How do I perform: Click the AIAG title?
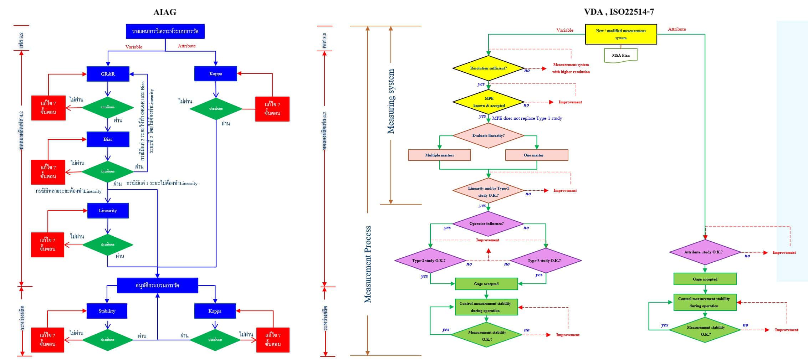pos(164,12)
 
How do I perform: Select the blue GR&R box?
pos(108,74)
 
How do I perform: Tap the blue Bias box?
pos(108,139)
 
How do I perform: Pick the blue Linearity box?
pos(108,211)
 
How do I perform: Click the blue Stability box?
pos(107,311)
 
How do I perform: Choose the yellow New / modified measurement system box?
pos(620,34)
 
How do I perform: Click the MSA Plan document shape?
pos(620,56)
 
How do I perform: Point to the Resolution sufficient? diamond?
pos(488,68)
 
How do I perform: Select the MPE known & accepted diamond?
pos(489,102)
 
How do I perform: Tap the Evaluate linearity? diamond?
pos(488,135)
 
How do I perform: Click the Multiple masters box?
pos(439,155)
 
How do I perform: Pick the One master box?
pos(536,155)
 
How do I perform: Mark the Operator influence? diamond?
pos(487,223)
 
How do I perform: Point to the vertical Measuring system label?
pos(391,102)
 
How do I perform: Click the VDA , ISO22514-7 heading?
pos(619,12)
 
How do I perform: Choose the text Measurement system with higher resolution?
pos(571,68)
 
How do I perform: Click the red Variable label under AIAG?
pos(134,47)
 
